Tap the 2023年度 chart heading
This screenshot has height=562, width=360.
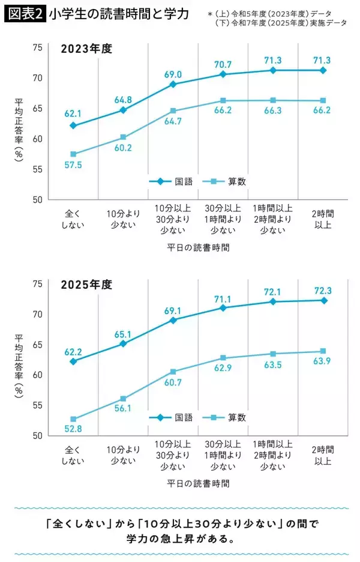point(86,49)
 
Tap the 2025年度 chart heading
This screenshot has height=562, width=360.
point(86,285)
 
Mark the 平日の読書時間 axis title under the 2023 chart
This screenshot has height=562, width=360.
point(198,247)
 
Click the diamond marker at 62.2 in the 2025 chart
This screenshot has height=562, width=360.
point(73,361)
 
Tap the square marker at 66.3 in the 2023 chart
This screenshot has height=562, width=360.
point(274,100)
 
